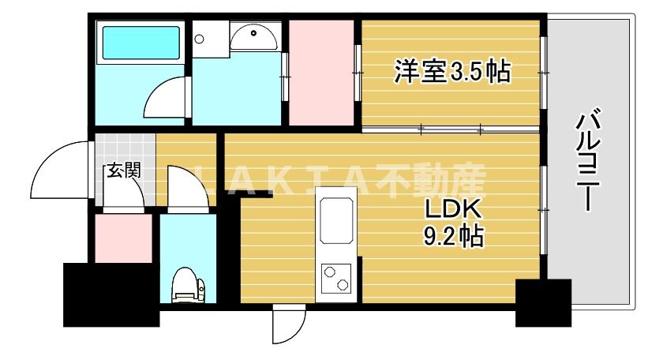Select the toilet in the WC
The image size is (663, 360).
click(x=188, y=284)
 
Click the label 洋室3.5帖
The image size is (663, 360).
click(x=451, y=73)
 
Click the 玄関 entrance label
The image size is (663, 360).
click(x=123, y=170)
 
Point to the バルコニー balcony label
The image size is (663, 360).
click(x=588, y=162)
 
